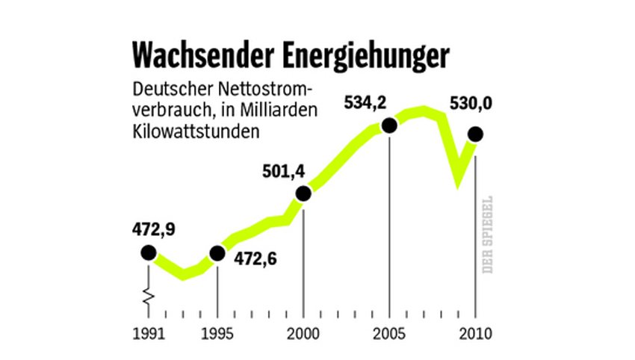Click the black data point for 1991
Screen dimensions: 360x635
click(148, 253)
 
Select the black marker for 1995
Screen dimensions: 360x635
click(217, 253)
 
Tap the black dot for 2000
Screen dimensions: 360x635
click(303, 194)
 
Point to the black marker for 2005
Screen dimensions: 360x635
click(389, 125)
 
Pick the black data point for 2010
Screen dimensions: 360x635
click(475, 134)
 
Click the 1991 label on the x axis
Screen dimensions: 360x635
click(148, 332)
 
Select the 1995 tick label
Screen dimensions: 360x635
click(217, 332)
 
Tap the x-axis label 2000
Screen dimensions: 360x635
click(303, 332)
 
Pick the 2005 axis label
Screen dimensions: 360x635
click(389, 332)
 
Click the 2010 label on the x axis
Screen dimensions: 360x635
click(476, 332)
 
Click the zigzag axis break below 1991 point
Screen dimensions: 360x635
click(148, 297)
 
